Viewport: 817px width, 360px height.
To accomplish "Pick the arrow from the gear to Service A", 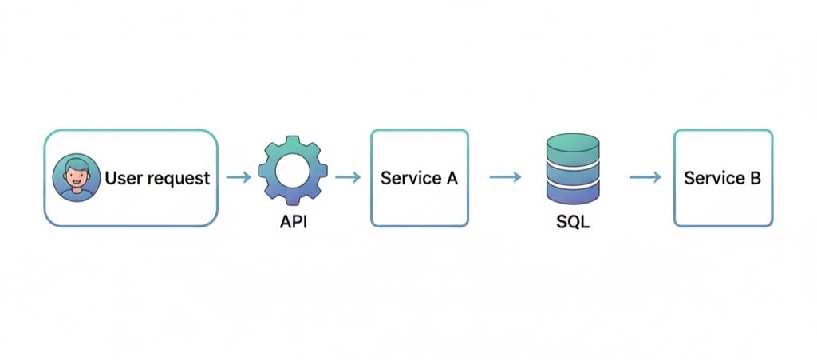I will [348, 177].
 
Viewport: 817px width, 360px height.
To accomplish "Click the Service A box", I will [419, 177].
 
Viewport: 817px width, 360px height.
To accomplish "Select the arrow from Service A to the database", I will [505, 177].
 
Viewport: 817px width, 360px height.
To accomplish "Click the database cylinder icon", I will [572, 170].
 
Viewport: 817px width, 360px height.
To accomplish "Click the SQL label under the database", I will [572, 222].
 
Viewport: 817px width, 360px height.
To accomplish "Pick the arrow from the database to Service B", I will [645, 177].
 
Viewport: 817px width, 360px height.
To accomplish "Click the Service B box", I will [723, 177].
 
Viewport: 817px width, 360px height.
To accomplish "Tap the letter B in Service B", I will [755, 177].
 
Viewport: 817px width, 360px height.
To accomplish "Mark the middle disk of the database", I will [572, 171].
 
